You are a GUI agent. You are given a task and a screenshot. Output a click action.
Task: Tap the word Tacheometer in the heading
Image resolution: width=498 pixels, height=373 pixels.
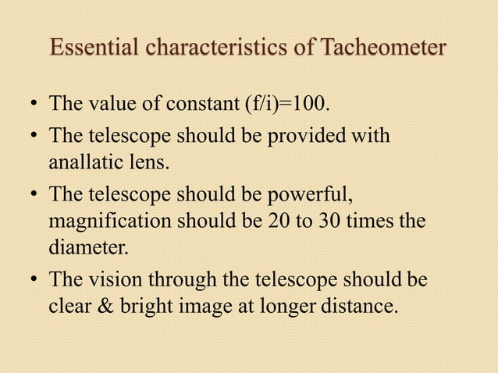click(x=383, y=48)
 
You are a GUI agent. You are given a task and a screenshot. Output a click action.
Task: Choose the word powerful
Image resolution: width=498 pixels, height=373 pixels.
click(x=315, y=193)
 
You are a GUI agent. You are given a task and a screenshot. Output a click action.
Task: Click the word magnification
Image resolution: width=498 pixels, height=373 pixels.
click(x=108, y=221)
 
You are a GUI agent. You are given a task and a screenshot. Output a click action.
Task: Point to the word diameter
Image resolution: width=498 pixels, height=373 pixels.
click(x=87, y=250)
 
